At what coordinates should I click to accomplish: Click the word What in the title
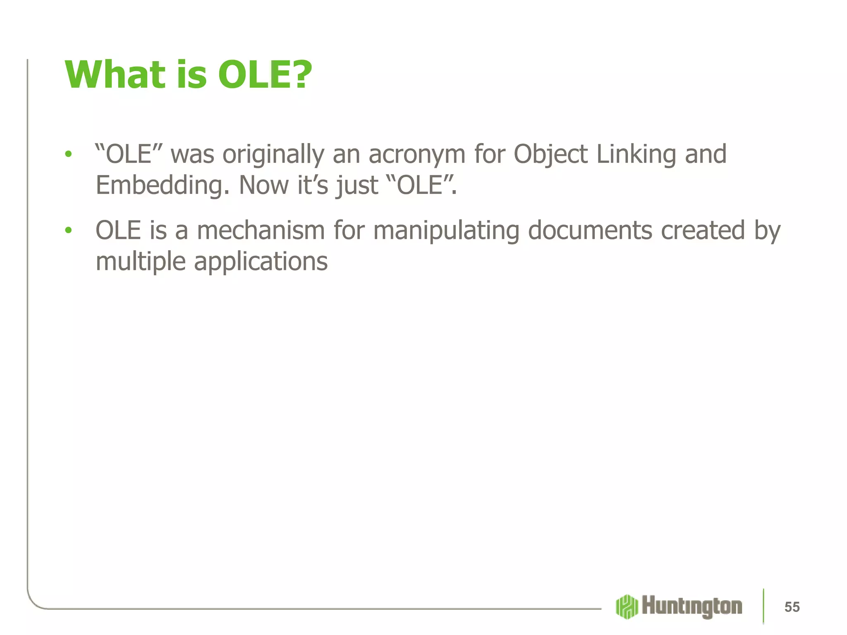(115, 75)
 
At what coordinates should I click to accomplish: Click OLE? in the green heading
(265, 75)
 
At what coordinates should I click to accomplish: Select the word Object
(550, 155)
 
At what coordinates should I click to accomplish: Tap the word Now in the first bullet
(264, 185)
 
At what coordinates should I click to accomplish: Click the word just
(357, 185)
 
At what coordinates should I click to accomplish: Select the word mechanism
(261, 230)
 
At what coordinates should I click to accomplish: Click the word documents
(590, 230)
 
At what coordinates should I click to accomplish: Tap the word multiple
(141, 262)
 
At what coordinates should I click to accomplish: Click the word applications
(261, 262)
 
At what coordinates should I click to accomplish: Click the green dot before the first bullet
(68, 155)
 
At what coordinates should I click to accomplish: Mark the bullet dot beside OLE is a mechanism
(68, 230)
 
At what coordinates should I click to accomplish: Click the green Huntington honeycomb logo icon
(627, 606)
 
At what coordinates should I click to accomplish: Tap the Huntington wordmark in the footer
(692, 606)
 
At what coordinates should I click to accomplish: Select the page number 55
(792, 607)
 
